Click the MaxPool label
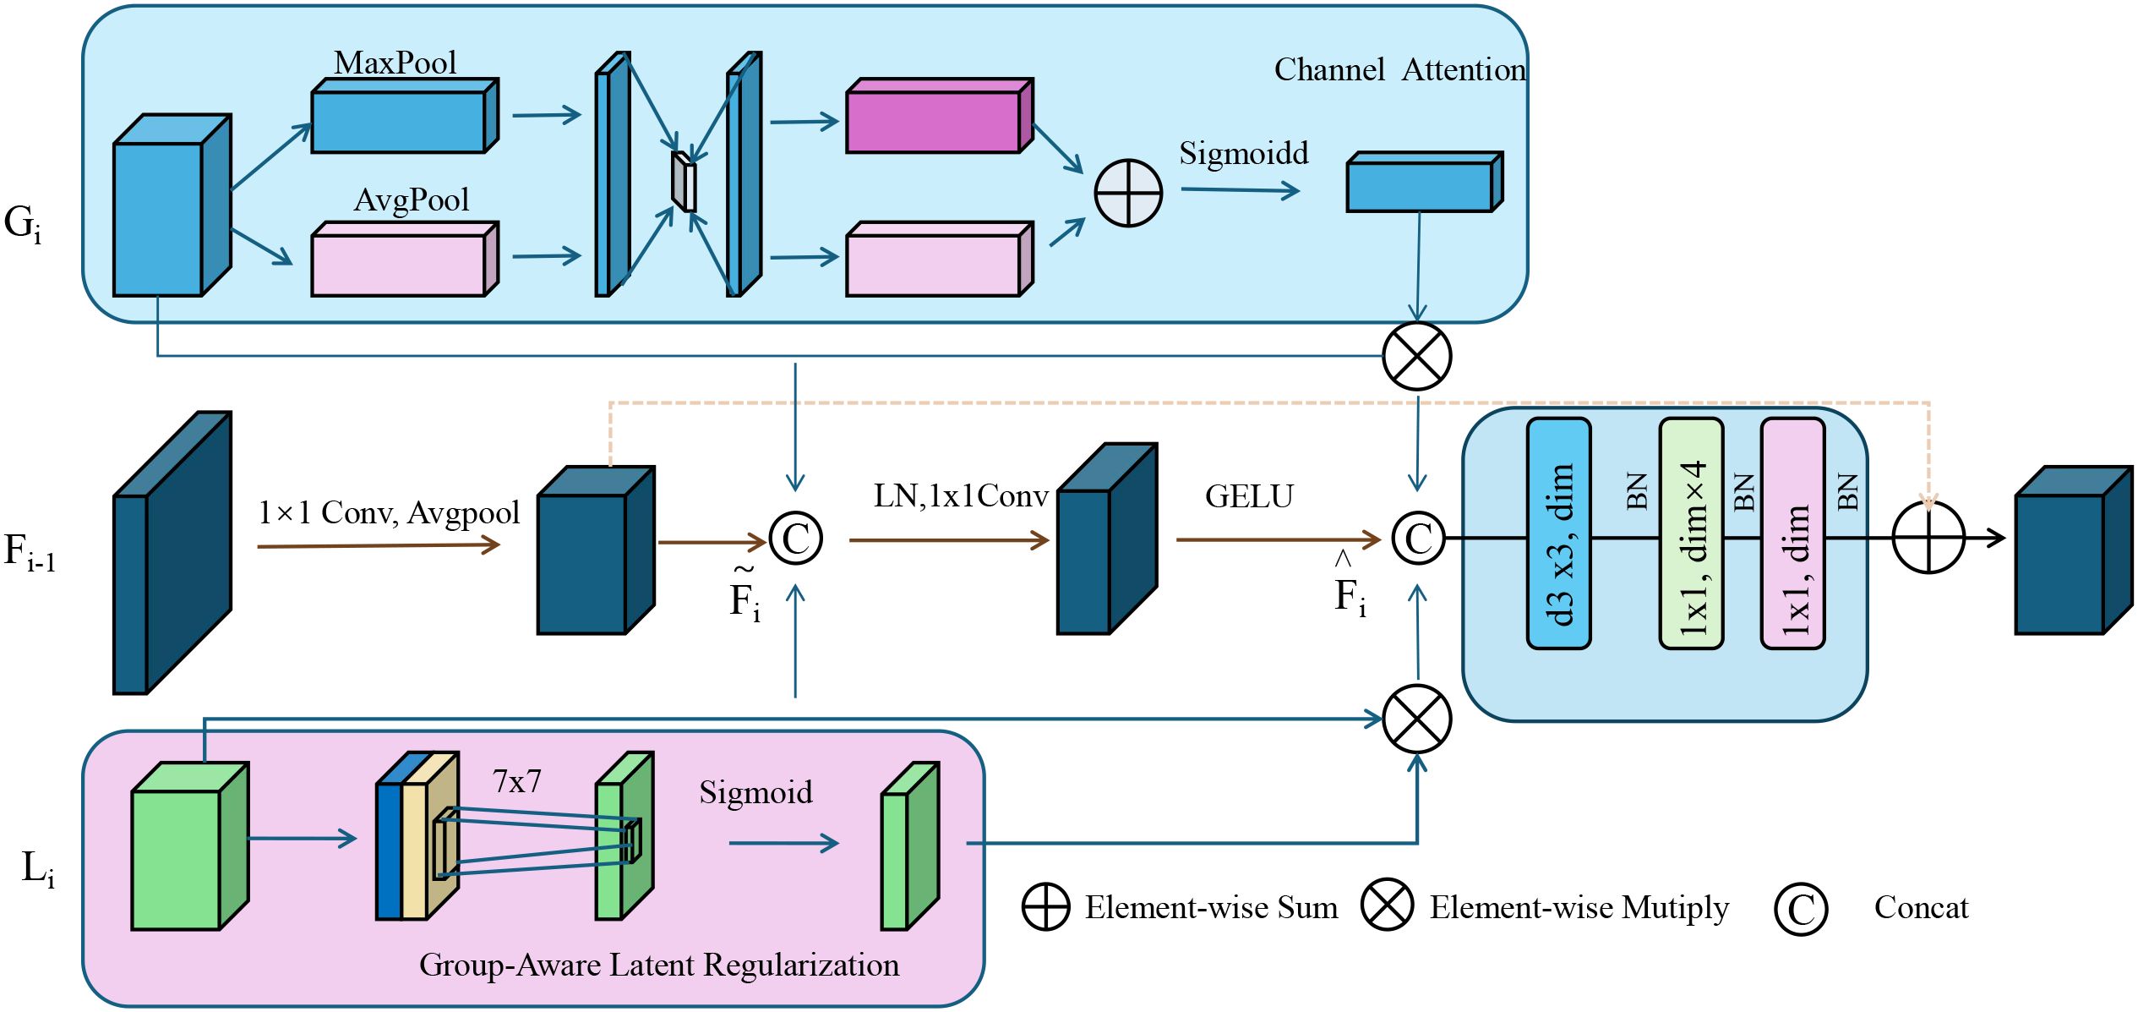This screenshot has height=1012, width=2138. pyautogui.click(x=395, y=63)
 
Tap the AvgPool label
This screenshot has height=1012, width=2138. pyautogui.click(x=412, y=200)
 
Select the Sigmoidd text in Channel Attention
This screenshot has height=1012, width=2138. pyautogui.click(x=1243, y=153)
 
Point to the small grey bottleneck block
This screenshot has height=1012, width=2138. pyautogui.click(x=684, y=182)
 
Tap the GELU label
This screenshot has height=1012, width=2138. pyautogui.click(x=1249, y=496)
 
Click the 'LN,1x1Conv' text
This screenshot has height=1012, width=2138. pyautogui.click(x=961, y=496)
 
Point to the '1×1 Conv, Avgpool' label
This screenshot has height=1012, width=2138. pyautogui.click(x=389, y=512)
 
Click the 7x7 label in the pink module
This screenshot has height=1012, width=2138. pyautogui.click(x=516, y=781)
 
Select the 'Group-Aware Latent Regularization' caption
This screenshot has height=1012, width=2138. pyautogui.click(x=659, y=965)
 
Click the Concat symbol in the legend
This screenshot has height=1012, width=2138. pyautogui.click(x=1800, y=909)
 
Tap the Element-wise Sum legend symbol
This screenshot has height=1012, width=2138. pyautogui.click(x=1045, y=907)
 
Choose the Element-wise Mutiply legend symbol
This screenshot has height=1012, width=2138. pyautogui.click(x=1387, y=905)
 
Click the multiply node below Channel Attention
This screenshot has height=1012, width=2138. pyautogui.click(x=1416, y=356)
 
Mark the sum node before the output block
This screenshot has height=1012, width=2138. pyautogui.click(x=1928, y=538)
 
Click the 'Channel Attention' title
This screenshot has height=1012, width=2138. pyautogui.click(x=1399, y=69)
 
